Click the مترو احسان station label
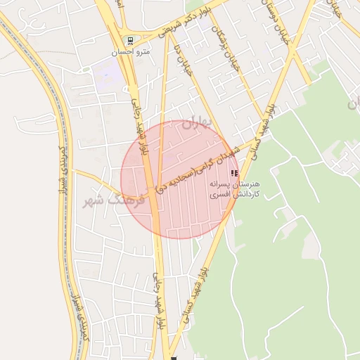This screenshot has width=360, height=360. tap(129, 51)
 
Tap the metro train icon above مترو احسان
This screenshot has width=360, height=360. tap(130, 39)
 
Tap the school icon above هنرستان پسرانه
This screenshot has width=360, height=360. tap(234, 172)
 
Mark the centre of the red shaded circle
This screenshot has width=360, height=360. tap(180, 179)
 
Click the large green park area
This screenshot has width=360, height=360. tap(295, 246)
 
